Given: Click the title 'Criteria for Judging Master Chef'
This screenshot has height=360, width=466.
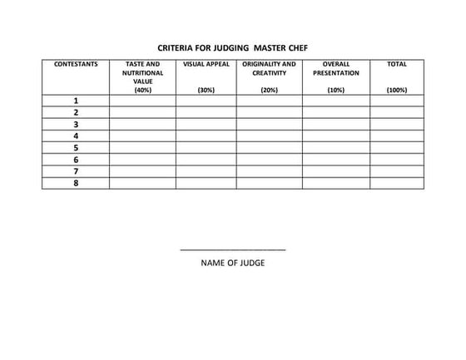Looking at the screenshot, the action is (232, 47).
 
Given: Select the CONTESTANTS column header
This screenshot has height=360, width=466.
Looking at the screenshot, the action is (76, 64).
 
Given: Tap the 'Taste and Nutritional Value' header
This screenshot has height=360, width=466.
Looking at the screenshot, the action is (142, 72).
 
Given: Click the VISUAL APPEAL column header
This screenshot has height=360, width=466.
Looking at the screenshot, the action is (206, 64).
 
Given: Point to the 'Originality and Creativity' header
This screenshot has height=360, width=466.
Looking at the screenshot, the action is (269, 68).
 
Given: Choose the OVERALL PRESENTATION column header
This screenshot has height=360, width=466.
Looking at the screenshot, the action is (335, 68).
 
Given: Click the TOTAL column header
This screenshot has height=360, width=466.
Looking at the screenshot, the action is (397, 64).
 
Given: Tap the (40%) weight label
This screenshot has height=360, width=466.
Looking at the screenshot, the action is (142, 90).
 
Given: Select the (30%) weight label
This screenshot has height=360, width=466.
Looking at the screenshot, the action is (206, 90).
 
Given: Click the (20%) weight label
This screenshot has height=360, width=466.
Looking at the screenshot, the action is (269, 90).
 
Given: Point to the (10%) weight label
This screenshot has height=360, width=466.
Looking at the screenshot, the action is (335, 90).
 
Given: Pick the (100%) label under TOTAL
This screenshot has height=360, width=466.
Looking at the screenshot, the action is (397, 90).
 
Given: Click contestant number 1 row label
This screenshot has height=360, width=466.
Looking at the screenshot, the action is (76, 101).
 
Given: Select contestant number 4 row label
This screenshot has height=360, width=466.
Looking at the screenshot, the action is (76, 136).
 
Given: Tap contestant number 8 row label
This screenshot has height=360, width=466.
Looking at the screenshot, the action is (76, 183).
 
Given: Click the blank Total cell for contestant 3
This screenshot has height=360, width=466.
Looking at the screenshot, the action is (397, 124).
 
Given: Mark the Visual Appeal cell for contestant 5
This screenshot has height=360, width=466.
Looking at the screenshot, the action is (206, 148).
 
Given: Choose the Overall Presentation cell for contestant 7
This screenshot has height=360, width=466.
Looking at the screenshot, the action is (335, 171).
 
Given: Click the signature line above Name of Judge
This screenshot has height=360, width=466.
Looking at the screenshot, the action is (233, 249).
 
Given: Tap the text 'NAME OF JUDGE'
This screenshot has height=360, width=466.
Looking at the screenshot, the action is (233, 264).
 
